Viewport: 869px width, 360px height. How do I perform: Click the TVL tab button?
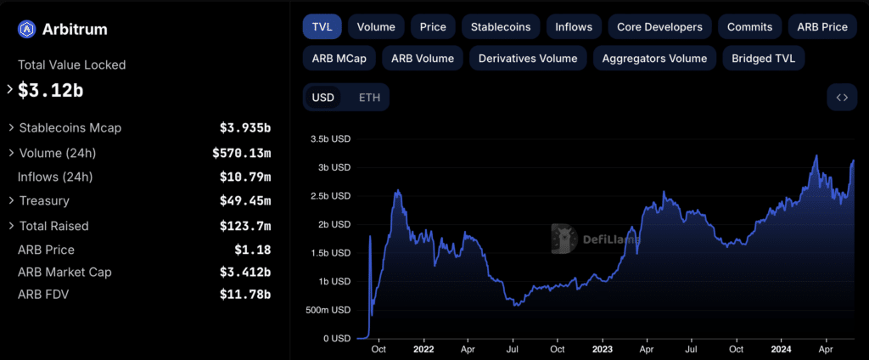(x=322, y=26)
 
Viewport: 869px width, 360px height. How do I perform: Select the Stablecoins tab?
(x=501, y=26)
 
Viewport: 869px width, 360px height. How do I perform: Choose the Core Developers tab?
(x=659, y=26)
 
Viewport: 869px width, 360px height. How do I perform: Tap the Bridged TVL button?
(x=763, y=59)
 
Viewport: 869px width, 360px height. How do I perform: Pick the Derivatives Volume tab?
(x=528, y=59)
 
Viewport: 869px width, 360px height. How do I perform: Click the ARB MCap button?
(x=339, y=59)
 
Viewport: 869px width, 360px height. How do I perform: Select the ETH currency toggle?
(x=370, y=98)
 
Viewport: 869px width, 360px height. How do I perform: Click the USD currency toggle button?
(x=323, y=98)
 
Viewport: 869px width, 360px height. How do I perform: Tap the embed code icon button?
(x=842, y=98)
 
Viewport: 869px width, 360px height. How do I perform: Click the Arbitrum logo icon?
(x=26, y=29)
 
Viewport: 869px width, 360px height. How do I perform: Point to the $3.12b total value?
(x=50, y=91)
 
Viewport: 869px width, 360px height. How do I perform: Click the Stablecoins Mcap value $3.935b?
(x=245, y=128)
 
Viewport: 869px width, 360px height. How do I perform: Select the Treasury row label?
(x=44, y=200)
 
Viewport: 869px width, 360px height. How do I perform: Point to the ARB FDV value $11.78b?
(x=245, y=295)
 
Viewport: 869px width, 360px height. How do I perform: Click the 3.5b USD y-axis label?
(x=331, y=138)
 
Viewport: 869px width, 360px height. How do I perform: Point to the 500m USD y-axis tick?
(x=328, y=310)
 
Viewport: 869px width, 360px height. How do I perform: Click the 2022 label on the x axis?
(x=423, y=350)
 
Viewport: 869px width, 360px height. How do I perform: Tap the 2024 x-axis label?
(x=781, y=350)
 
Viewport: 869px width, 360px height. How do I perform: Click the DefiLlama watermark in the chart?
(x=596, y=239)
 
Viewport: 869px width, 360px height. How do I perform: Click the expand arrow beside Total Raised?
(x=11, y=226)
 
